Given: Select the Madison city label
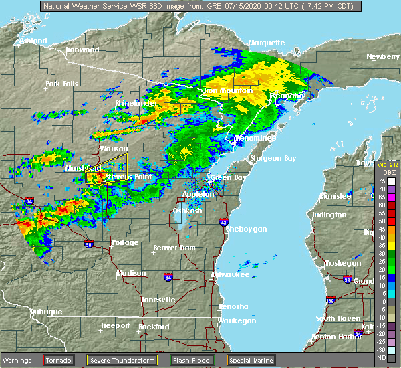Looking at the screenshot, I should pyautogui.click(x=131, y=273).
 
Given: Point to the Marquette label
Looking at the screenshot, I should pyautogui.click(x=267, y=43).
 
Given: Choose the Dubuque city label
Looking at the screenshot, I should pyautogui.click(x=45, y=312).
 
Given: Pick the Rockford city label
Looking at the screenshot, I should pyautogui.click(x=154, y=327).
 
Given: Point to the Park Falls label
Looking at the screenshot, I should pyautogui.click(x=62, y=84).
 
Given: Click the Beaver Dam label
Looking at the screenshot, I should pyautogui.click(x=174, y=248).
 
